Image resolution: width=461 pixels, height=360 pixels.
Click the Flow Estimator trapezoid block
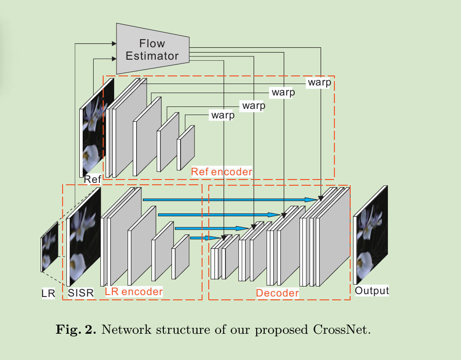pos(152,50)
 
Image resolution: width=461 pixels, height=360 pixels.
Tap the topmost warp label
pos(319,82)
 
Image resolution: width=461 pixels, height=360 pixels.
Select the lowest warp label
pos(223,115)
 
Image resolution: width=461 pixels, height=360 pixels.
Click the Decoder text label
pos(277,293)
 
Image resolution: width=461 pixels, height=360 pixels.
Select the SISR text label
pos(81,293)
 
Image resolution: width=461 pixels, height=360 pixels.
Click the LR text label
pos(48,294)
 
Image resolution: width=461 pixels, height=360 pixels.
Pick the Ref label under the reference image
pos(92,180)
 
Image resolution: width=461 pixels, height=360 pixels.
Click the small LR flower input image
pos(49,248)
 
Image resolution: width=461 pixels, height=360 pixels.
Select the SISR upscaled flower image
pos(85,236)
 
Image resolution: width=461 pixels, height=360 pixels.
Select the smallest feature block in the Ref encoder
pos(186,148)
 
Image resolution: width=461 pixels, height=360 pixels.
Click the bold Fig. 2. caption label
pos(76,330)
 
